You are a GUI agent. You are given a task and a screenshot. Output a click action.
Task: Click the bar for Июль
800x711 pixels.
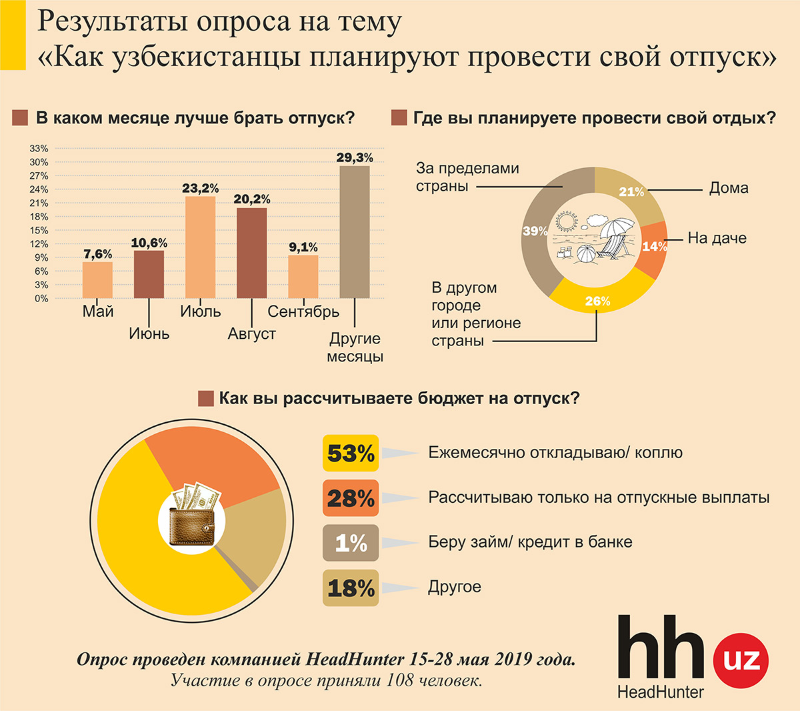tap(200, 247)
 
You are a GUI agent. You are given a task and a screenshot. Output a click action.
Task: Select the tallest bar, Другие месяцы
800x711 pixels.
tap(355, 232)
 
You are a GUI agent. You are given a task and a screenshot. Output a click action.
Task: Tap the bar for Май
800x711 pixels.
tap(97, 280)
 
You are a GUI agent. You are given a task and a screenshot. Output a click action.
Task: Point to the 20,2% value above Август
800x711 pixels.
tap(252, 199)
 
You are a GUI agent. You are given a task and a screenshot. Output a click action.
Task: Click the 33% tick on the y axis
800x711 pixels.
tap(39, 148)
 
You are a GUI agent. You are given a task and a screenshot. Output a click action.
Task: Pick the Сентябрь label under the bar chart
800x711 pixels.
tap(303, 311)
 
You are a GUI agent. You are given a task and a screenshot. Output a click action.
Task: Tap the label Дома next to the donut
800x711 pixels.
tap(729, 189)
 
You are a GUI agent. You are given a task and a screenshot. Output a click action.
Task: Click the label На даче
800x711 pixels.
tap(717, 239)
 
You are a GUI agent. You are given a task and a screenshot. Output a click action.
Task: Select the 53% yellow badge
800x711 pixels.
tap(351, 454)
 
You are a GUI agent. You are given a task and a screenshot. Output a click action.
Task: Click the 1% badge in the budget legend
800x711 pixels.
tap(351, 543)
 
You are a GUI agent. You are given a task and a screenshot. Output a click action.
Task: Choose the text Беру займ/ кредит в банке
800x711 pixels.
tap(530, 542)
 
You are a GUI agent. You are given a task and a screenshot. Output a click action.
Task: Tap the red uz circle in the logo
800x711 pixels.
tap(741, 660)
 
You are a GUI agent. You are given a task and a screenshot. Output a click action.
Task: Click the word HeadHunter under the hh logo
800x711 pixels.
tap(661, 692)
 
